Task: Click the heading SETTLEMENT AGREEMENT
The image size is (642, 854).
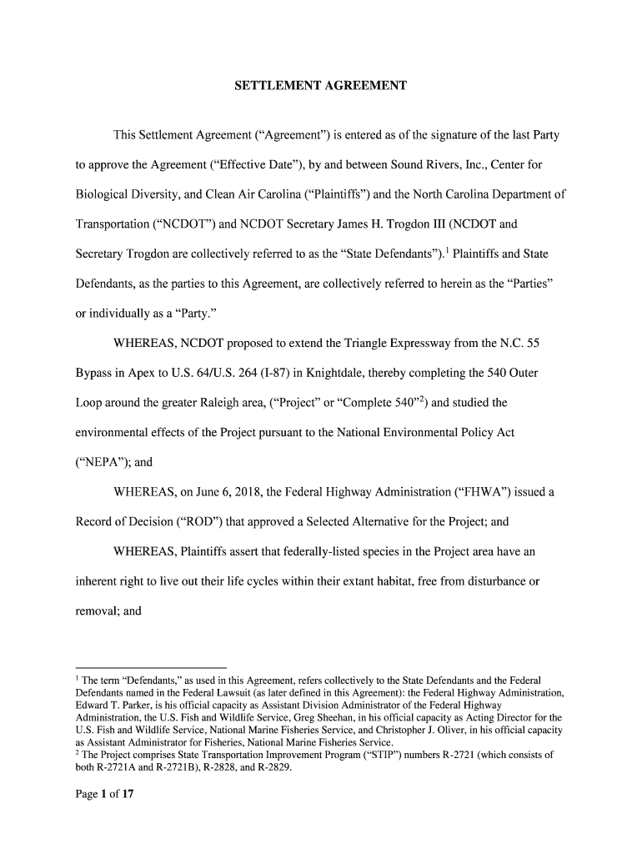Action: (320, 86)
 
